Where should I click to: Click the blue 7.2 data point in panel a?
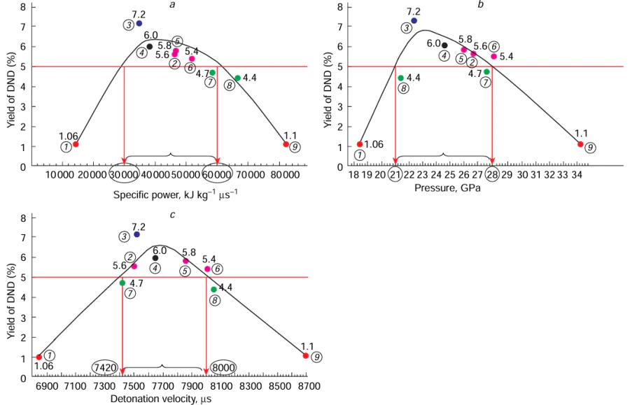tap(139, 24)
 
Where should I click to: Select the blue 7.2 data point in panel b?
tap(414, 20)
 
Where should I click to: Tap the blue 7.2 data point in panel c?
tap(136, 234)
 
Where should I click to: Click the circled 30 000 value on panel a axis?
tap(125, 174)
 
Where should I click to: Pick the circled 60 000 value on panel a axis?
tap(218, 174)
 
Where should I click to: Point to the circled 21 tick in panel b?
tap(395, 174)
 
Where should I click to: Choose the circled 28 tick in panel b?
tap(493, 174)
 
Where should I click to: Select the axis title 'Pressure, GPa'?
tap(444, 188)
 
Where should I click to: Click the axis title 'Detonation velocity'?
tap(160, 399)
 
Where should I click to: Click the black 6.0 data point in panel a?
tap(150, 47)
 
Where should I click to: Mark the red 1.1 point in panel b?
tap(580, 144)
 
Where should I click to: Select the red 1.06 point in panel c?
tap(38, 357)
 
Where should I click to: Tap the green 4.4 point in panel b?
tap(400, 78)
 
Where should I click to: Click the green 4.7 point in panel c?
tap(122, 283)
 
